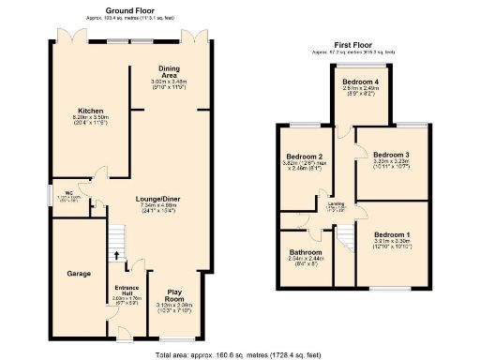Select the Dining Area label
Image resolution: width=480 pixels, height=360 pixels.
tap(170, 70)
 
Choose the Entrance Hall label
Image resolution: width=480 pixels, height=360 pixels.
tap(127, 291)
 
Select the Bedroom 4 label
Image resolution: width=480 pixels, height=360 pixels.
tap(360, 82)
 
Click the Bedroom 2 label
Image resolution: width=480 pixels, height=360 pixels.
tap(307, 157)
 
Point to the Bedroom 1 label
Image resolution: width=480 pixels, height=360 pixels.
tap(391, 233)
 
